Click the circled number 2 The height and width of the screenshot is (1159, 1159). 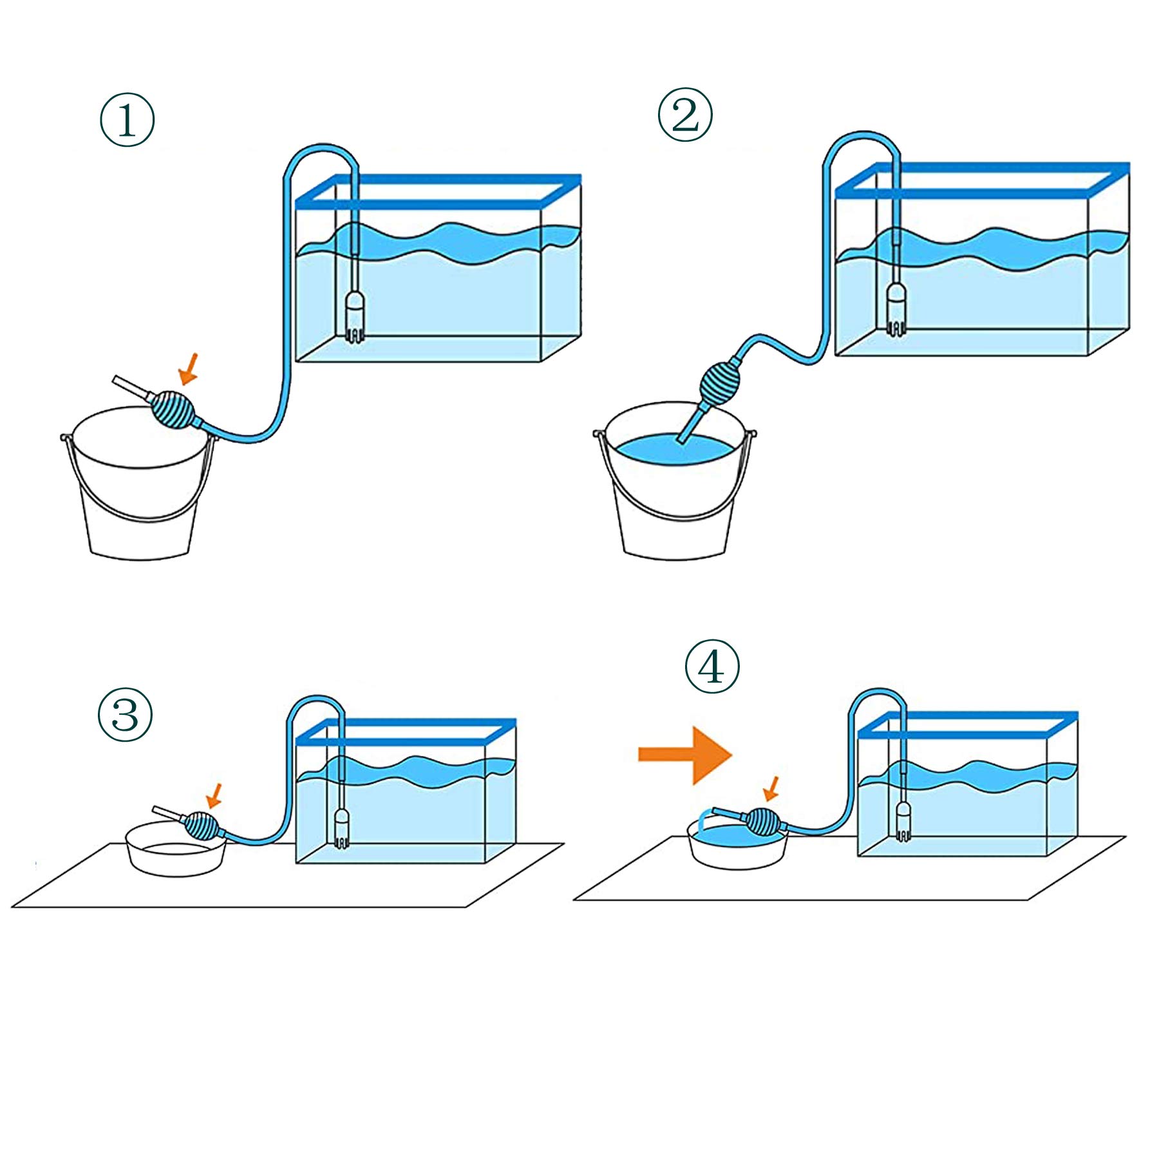685,115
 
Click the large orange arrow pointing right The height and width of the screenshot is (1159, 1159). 685,755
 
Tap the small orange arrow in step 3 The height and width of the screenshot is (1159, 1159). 214,795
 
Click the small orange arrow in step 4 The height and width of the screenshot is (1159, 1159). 771,789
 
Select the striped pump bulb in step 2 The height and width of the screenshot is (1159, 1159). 721,384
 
